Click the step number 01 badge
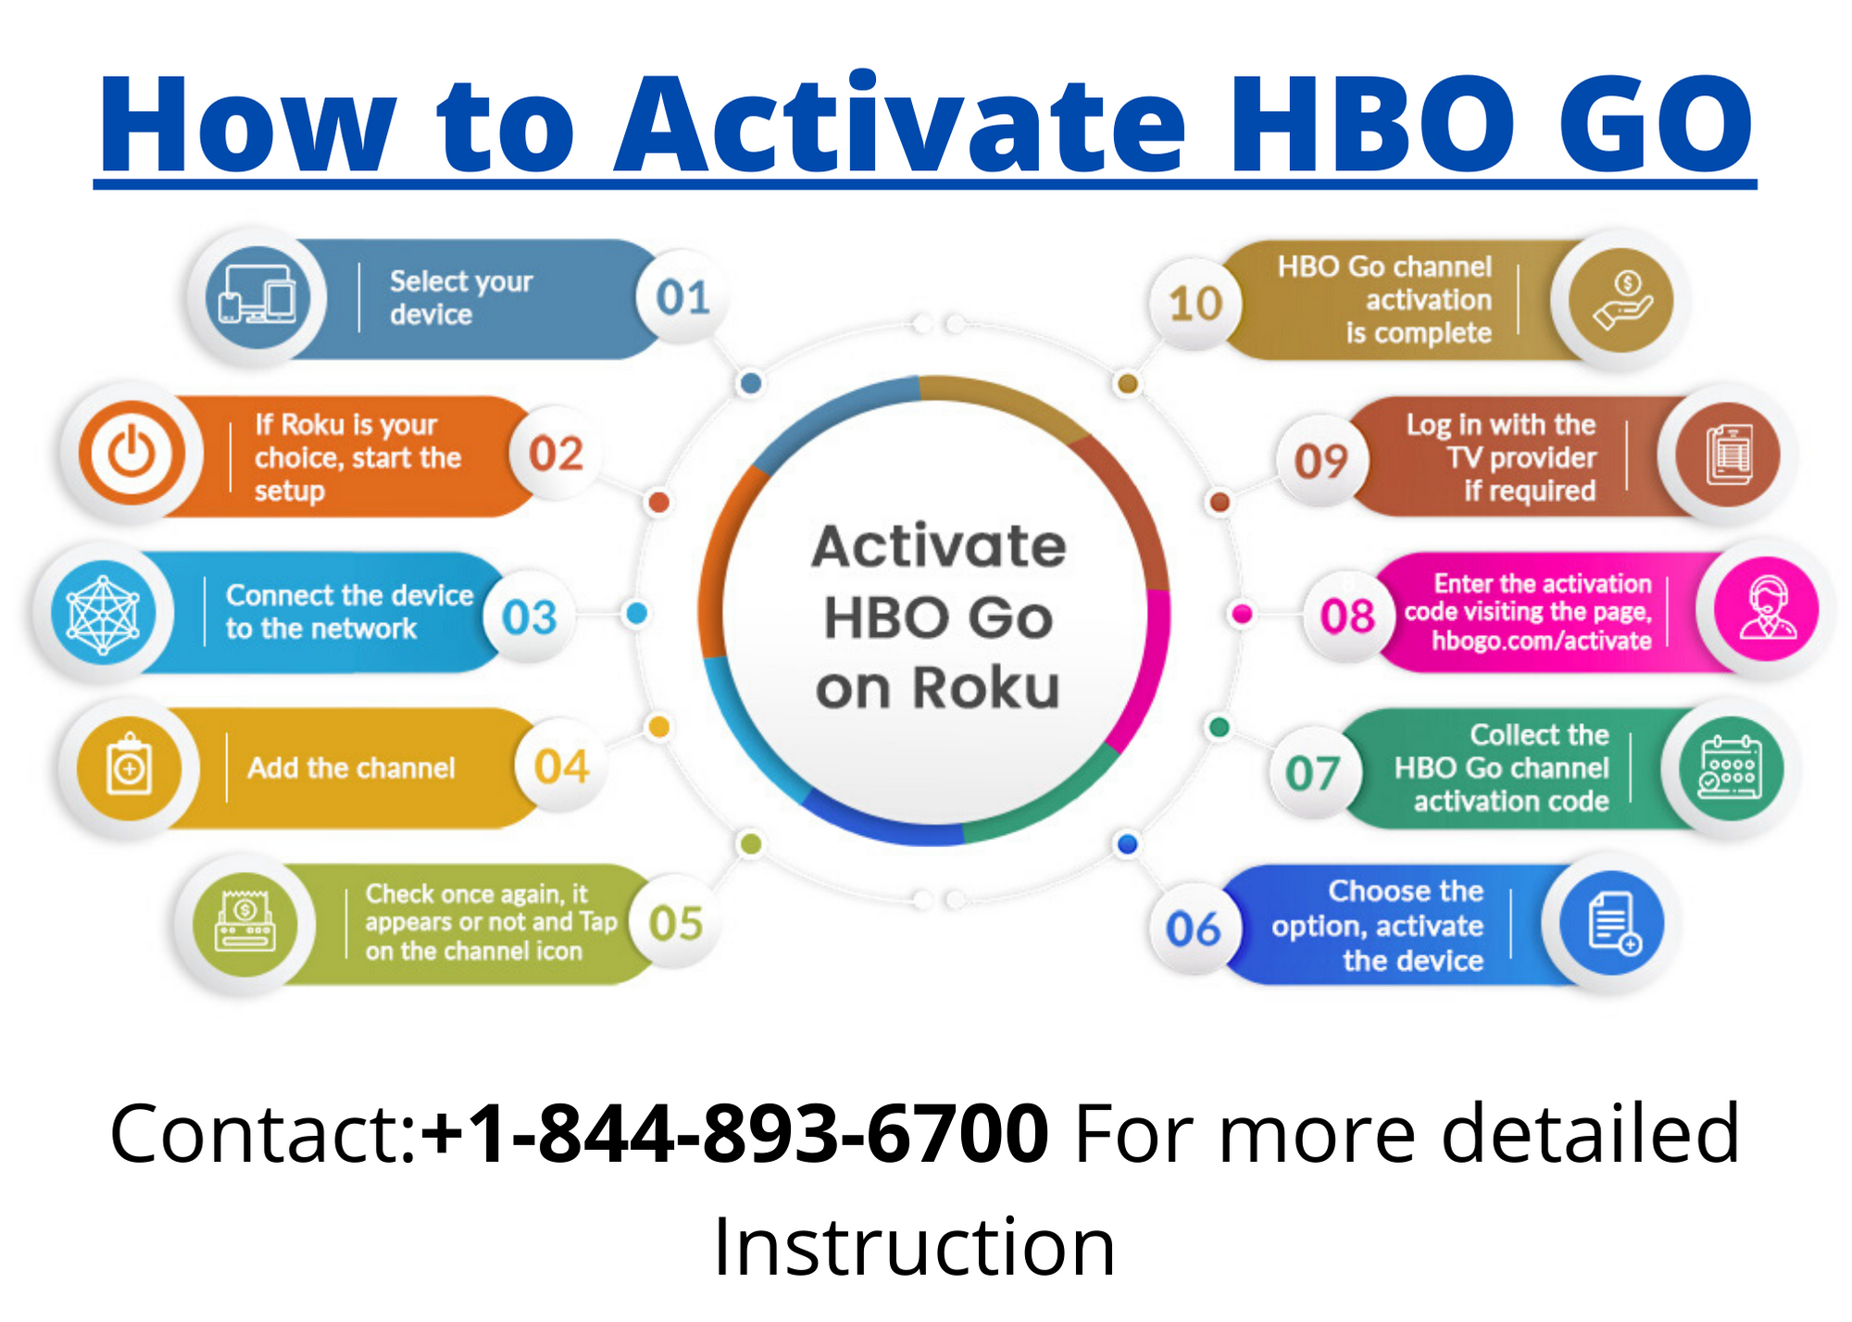pos(682,297)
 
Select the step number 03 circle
pos(530,617)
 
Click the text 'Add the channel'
pos(351,767)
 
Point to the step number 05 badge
pos(676,923)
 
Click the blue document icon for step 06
pos(1612,922)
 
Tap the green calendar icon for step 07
pos(1729,767)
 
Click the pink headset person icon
pos(1767,609)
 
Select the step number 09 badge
pos(1320,460)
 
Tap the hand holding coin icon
pos(1620,300)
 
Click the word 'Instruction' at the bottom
pos(914,1247)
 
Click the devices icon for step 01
pos(257,297)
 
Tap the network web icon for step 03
pos(103,613)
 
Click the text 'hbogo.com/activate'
pos(1541,641)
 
